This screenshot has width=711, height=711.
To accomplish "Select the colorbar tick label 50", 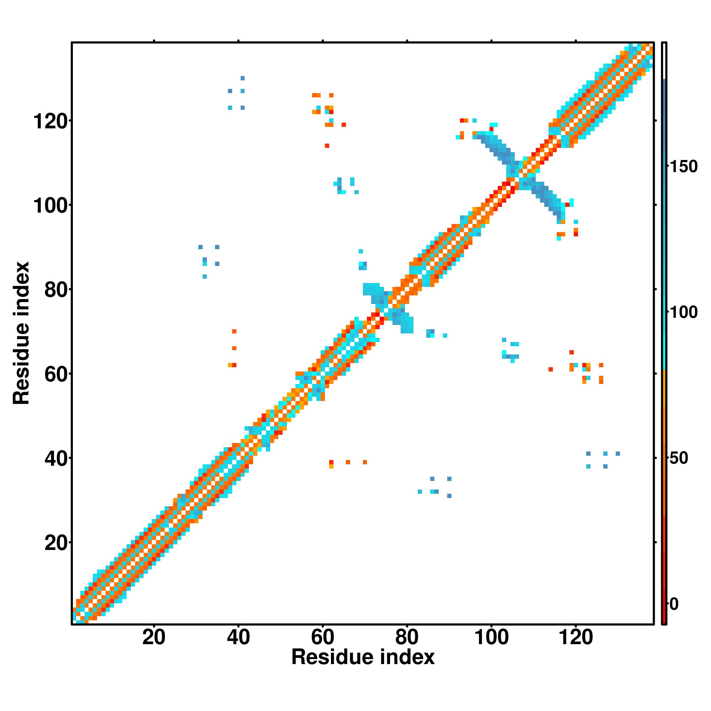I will pos(679,458).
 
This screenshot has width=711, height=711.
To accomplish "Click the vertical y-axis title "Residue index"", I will pos(21,333).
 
